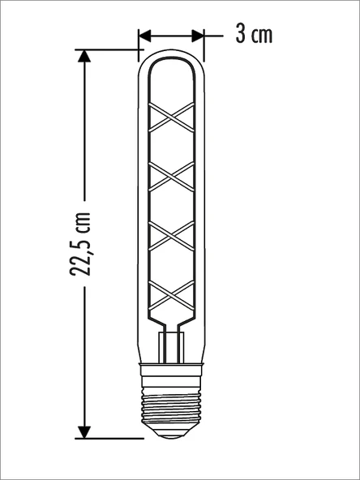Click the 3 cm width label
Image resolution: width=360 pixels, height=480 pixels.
pyautogui.click(x=253, y=34)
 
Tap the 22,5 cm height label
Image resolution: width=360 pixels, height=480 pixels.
pyautogui.click(x=80, y=245)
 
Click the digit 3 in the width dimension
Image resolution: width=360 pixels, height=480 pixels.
pyautogui.click(x=240, y=34)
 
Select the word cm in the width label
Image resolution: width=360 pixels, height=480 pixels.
pyautogui.click(x=262, y=35)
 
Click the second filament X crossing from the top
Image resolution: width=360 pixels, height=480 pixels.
pyautogui.click(x=171, y=175)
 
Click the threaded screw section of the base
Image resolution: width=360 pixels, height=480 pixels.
pyautogui.click(x=171, y=405)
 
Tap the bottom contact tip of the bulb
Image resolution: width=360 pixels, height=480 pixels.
pyautogui.click(x=171, y=435)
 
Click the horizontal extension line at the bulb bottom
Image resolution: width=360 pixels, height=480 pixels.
pyautogui.click(x=109, y=439)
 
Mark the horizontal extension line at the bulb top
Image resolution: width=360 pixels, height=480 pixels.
pyautogui.click(x=109, y=49)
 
